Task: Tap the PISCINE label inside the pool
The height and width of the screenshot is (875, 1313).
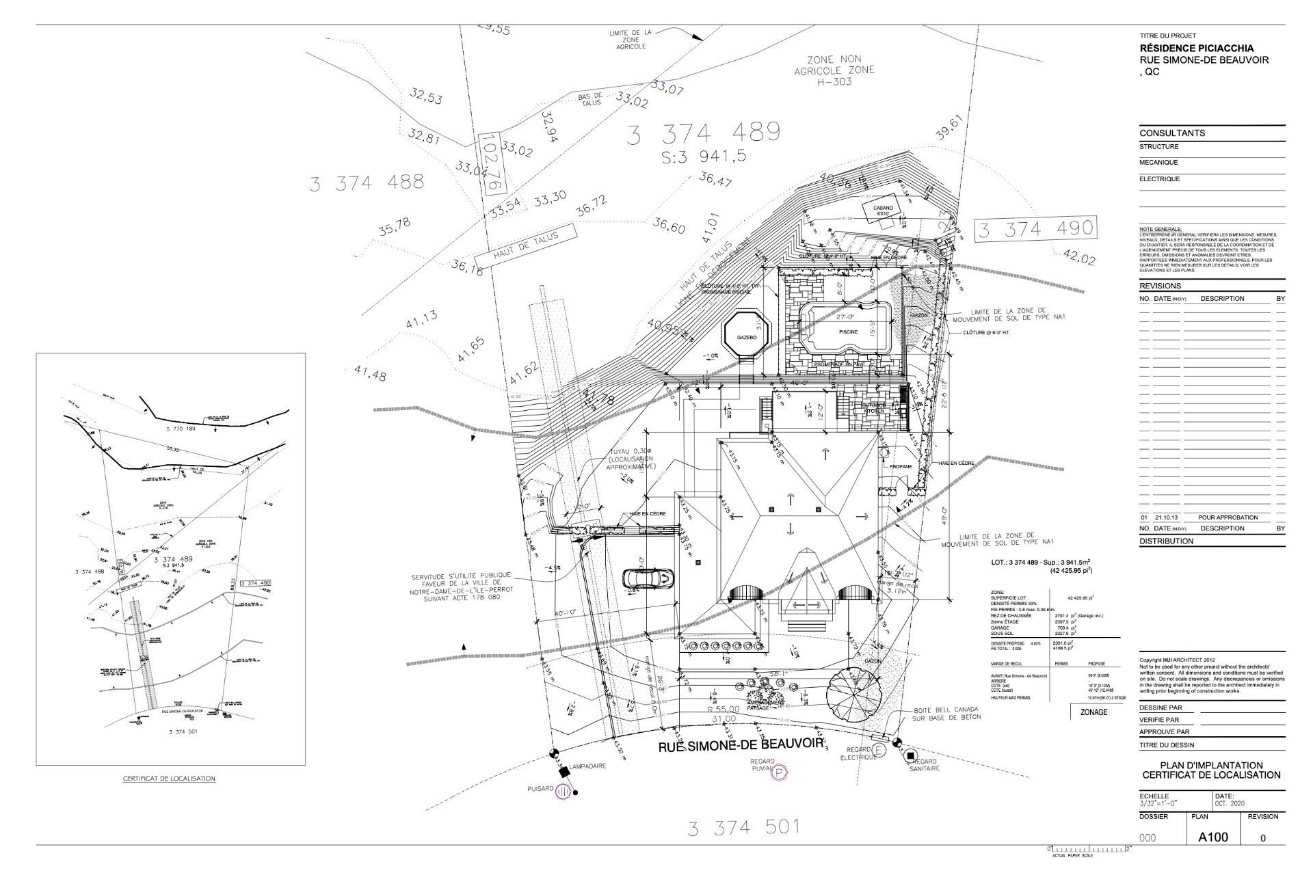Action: click(x=848, y=332)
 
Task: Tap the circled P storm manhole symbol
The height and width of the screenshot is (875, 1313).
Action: click(x=780, y=773)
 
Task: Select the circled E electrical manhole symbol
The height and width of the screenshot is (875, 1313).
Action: click(x=879, y=750)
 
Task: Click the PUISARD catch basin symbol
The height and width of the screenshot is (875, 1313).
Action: click(x=564, y=791)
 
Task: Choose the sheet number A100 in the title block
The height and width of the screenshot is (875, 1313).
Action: click(x=1213, y=837)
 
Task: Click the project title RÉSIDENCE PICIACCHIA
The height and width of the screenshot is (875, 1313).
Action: click(x=1196, y=49)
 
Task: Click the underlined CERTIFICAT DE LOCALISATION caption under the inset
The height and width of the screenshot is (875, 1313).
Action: click(x=169, y=778)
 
